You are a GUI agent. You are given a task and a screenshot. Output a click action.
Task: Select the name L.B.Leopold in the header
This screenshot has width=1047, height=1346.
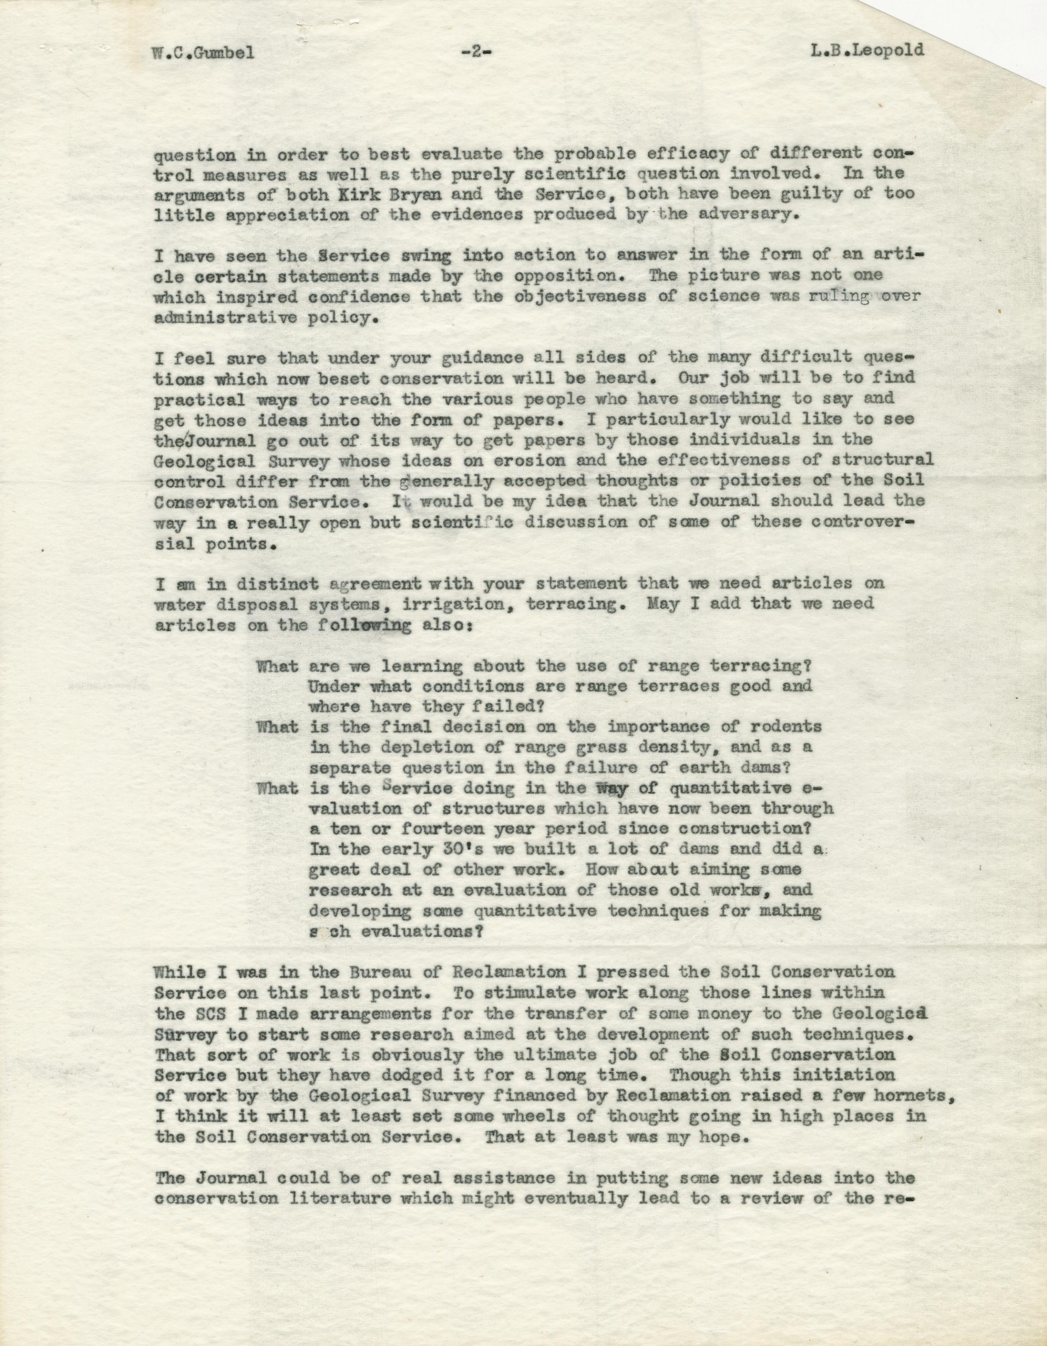click(867, 49)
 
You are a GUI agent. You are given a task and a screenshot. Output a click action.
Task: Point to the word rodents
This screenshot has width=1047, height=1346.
click(784, 727)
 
